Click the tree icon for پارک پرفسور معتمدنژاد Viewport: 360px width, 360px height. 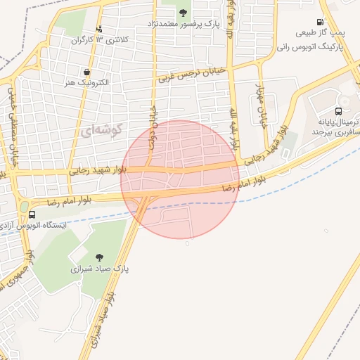pos(184,13)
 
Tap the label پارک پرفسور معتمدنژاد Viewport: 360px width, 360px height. pos(184,24)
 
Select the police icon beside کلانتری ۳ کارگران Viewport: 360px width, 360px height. pos(99,29)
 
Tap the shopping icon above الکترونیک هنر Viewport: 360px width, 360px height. pos(86,72)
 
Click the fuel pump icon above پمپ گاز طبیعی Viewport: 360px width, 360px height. pos(321,22)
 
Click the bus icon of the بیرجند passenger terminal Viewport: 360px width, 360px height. pos(339,111)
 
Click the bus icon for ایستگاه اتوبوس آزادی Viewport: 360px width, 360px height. pos(32,215)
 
